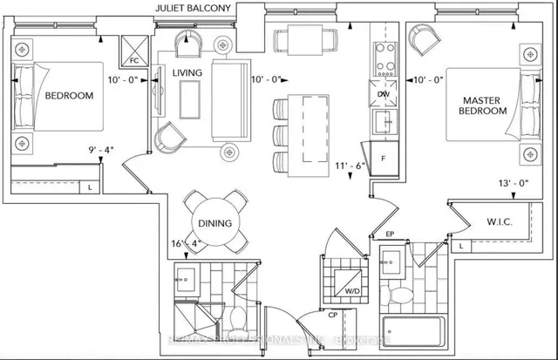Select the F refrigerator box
[x=383, y=160]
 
